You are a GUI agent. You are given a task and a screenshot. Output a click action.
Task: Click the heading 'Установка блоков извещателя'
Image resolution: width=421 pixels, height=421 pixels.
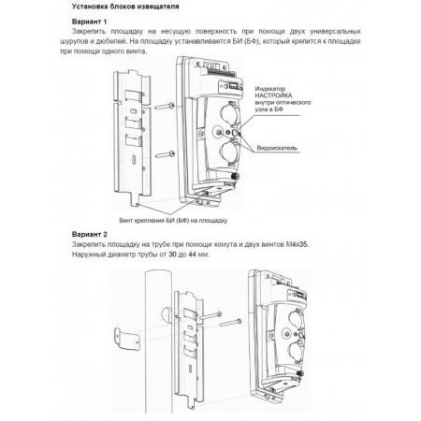coord(125,7)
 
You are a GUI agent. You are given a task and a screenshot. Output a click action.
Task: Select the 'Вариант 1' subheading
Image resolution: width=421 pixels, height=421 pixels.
coord(89,22)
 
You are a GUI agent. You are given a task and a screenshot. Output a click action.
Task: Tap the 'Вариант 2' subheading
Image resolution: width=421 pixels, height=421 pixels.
coord(90,234)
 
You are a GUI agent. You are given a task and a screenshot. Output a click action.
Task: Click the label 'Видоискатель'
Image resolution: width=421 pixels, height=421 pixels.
coord(277,148)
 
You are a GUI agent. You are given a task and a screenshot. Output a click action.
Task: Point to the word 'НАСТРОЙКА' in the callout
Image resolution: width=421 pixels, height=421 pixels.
coord(273,95)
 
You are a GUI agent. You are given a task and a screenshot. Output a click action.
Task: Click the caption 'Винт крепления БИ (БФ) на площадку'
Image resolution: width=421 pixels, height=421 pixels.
coord(173,221)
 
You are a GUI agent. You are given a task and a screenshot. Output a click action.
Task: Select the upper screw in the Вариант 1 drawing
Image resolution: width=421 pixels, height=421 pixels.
coord(165,107)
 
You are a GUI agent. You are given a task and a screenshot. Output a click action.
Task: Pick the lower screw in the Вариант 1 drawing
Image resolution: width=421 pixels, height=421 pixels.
coord(165,154)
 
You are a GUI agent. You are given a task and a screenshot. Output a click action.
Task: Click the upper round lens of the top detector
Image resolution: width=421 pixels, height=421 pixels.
coord(229,111)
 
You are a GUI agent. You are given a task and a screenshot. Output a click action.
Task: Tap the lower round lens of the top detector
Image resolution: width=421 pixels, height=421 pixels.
coord(228,151)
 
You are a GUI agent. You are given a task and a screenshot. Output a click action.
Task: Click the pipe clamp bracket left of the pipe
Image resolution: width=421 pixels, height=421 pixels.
coord(126,339)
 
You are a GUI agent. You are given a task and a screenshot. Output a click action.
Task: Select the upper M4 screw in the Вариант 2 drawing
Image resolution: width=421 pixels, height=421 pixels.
coord(210,316)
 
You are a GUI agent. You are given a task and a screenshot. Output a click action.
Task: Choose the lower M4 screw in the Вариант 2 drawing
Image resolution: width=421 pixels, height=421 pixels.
coord(231,323)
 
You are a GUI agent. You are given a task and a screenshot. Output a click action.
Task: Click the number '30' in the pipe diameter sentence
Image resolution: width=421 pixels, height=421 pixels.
coord(172,254)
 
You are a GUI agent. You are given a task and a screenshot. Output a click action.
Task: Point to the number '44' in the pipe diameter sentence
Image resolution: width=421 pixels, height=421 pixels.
coord(192,254)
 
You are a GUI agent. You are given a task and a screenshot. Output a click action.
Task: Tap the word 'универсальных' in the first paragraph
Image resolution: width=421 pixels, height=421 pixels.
coord(335,32)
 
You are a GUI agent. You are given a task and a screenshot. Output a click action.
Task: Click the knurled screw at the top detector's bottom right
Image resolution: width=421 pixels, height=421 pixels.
coord(236,177)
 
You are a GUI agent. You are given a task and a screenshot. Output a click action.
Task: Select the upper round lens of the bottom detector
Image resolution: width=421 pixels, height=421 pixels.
coord(297,318)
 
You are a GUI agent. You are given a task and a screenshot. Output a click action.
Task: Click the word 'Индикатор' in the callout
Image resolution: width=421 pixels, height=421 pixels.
coord(270,89)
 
